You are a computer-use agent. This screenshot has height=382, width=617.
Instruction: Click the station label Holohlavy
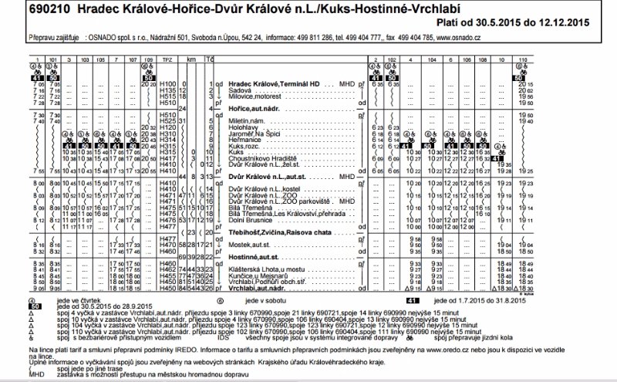coord(244,127)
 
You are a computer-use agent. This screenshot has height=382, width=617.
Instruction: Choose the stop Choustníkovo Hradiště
coord(261,157)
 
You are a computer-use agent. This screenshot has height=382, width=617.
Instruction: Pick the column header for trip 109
coord(150,59)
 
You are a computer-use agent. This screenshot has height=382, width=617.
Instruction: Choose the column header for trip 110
coord(524,59)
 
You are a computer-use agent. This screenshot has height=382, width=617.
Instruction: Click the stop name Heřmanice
coord(244,139)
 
